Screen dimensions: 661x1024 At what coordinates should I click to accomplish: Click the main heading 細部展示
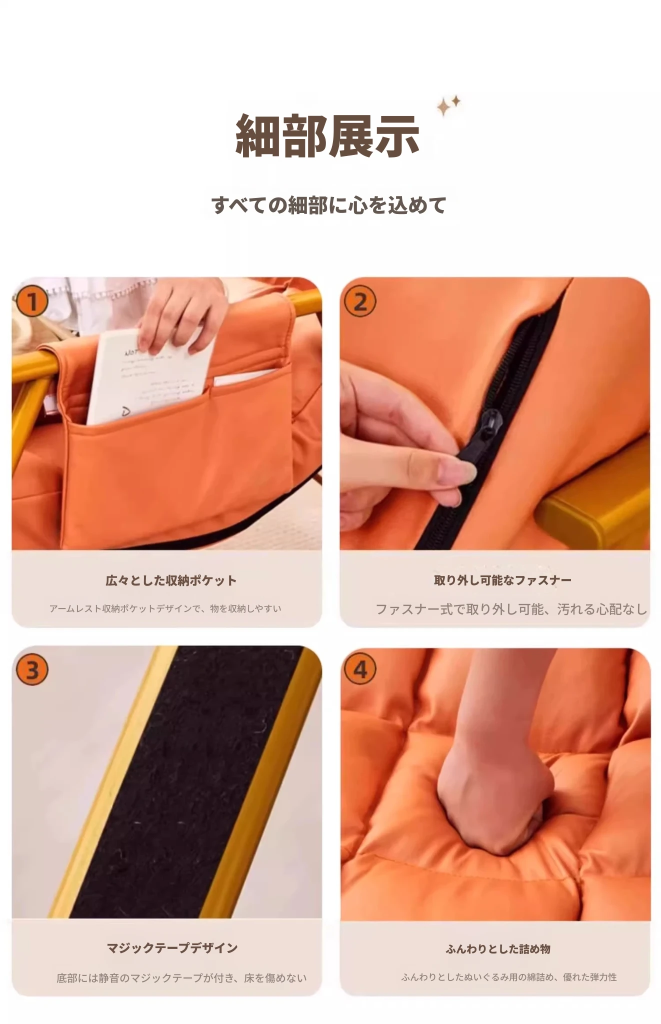(327, 135)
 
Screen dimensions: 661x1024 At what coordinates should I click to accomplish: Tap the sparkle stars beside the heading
(448, 105)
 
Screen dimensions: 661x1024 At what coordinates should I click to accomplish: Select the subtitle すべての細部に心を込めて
(328, 205)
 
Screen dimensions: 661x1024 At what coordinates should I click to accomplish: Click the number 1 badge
(31, 302)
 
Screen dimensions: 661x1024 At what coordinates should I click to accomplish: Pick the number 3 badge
(31, 669)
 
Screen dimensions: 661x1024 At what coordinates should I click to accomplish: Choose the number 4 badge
(360, 669)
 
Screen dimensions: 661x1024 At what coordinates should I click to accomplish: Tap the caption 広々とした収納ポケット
(171, 580)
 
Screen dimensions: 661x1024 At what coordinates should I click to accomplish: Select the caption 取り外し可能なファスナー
(502, 580)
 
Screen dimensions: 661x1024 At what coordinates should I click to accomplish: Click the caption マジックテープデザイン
(172, 948)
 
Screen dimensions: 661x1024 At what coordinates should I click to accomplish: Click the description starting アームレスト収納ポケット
(165, 608)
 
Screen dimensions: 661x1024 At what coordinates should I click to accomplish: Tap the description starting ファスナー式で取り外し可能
(511, 609)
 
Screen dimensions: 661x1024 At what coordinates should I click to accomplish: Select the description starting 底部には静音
(181, 978)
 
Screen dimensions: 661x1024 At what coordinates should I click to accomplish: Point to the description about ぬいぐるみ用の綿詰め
(509, 977)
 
